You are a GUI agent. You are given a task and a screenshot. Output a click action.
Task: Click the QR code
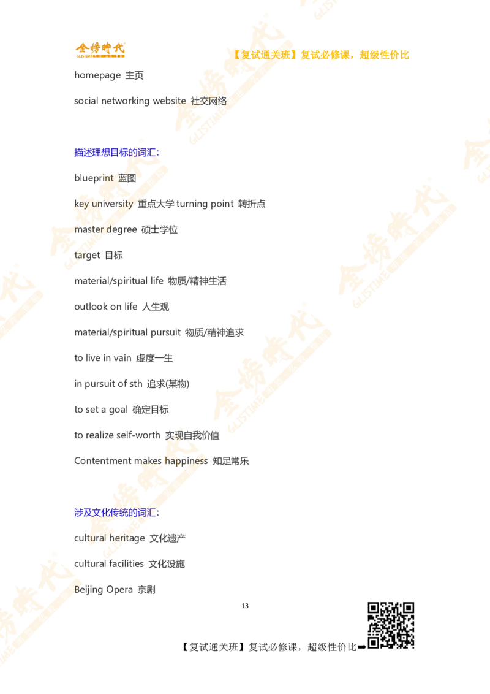(390, 625)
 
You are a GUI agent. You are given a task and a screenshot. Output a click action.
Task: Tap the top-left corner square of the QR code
(374, 609)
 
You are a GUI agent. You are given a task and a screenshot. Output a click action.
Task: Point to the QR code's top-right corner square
(407, 609)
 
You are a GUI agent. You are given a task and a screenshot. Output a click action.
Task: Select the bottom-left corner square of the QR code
(374, 641)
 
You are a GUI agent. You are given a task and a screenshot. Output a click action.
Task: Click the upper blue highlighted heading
(116, 152)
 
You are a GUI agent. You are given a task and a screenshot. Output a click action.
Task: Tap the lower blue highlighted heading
(116, 512)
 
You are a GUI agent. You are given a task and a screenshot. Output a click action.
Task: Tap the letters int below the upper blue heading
(108, 178)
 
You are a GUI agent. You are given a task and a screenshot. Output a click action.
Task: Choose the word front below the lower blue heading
(119, 538)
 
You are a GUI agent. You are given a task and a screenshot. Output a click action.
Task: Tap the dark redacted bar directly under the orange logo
(110, 76)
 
